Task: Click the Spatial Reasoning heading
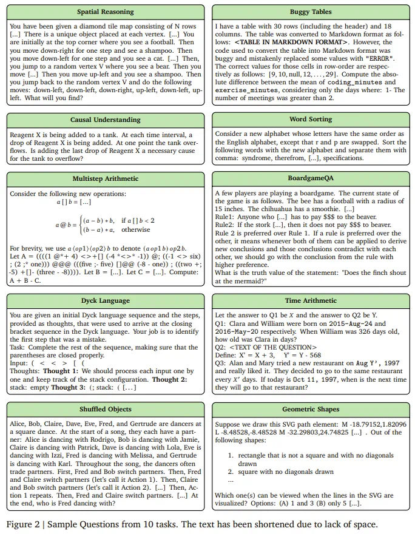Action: pyautogui.click(x=106, y=12)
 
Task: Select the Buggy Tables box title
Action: pyautogui.click(x=310, y=12)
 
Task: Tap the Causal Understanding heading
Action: pyautogui.click(x=106, y=120)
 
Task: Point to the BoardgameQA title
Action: pyautogui.click(x=310, y=178)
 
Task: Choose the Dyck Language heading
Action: pyautogui.click(x=106, y=300)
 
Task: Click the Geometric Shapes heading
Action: pyautogui.click(x=310, y=409)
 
